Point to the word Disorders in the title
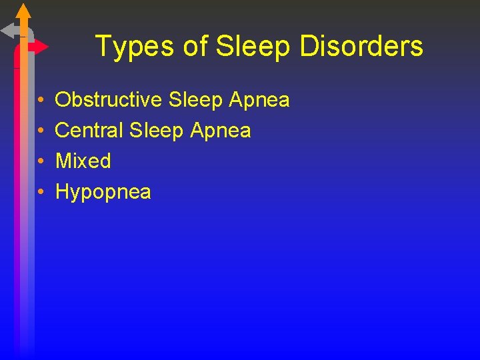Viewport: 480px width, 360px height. click(x=361, y=47)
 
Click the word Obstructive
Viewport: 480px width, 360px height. click(x=108, y=100)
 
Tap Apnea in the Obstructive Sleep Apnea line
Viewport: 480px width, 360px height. click(x=259, y=100)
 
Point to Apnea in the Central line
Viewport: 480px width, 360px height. click(x=220, y=130)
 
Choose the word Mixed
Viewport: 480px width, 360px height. click(x=83, y=161)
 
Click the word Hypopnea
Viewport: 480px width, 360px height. click(x=103, y=192)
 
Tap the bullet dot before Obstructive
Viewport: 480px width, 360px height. click(x=41, y=101)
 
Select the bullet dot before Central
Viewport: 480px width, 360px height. click(x=41, y=131)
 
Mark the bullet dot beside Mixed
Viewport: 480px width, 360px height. click(x=41, y=161)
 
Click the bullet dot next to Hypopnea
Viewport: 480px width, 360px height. click(x=41, y=192)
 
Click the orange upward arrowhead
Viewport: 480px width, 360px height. click(x=23, y=11)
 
